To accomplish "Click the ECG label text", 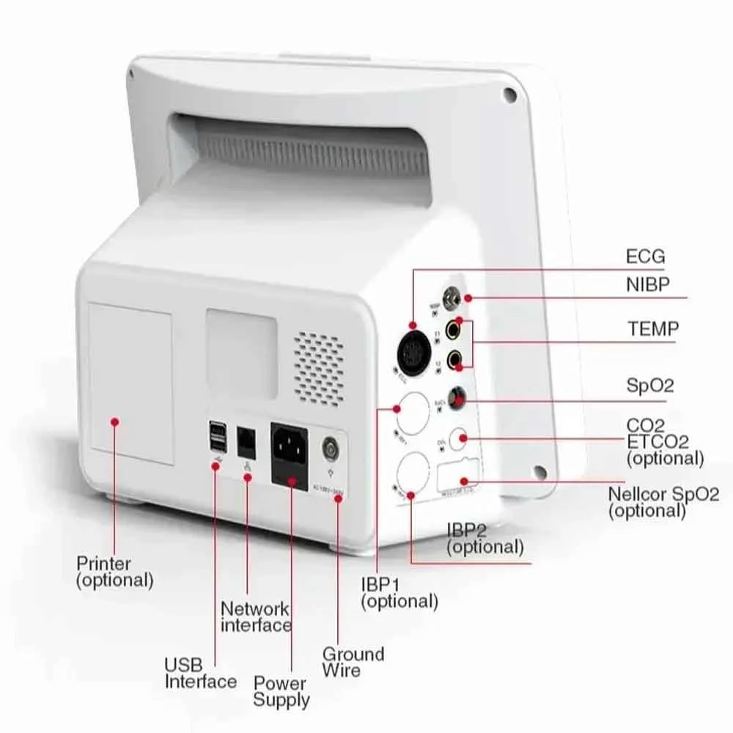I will [645, 257].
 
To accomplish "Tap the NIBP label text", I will [648, 284].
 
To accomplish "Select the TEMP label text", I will [652, 329].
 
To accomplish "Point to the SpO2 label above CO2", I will [649, 385].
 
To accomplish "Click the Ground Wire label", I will [353, 661].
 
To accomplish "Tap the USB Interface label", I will [200, 673].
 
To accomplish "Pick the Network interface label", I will [256, 616].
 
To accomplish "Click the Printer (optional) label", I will [115, 572].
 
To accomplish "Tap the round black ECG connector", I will [413, 353].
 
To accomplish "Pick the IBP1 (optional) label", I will [399, 593].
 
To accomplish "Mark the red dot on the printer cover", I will [115, 421].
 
